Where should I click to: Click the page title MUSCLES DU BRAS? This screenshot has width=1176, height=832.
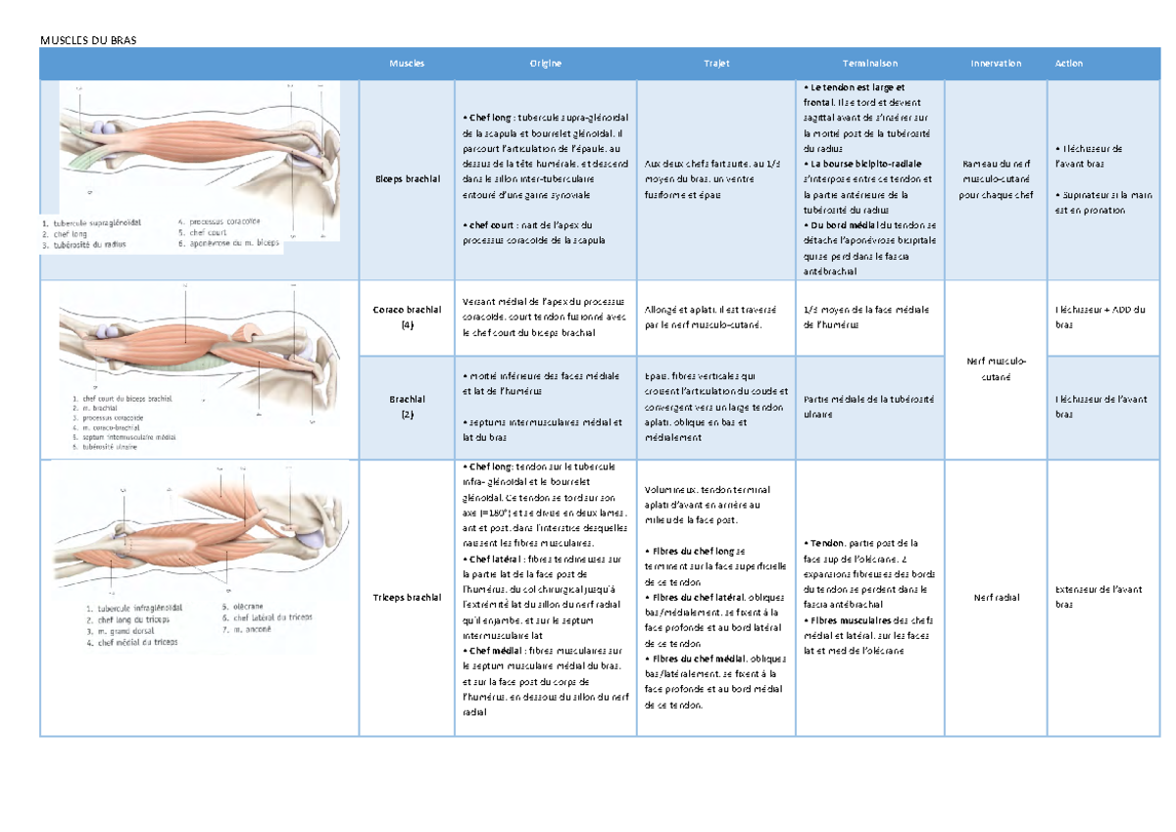88,40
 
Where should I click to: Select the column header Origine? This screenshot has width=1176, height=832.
546,64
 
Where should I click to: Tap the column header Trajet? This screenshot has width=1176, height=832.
716,64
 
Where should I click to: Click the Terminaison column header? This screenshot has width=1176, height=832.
869,64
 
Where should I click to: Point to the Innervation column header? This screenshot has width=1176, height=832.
996,64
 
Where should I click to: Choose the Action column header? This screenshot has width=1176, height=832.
1069,64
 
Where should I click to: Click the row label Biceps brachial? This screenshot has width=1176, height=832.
407,179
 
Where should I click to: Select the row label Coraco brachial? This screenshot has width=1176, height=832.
407,310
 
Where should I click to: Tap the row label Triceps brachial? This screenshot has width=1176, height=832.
407,597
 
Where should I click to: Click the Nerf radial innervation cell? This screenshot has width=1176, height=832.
996,597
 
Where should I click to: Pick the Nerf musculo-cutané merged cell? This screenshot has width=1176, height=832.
996,368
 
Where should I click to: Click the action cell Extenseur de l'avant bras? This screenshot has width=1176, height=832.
1088,597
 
